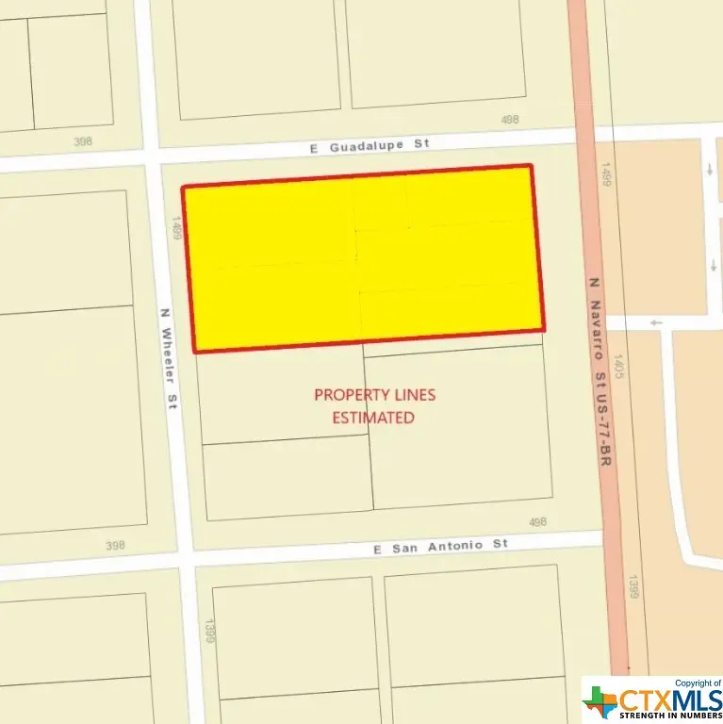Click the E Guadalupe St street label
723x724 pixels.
[x=369, y=144]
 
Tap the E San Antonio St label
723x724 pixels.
[x=440, y=546]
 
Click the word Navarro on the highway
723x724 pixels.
[x=597, y=327]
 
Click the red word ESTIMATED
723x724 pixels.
[x=373, y=417]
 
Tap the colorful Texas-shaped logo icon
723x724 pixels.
[x=600, y=700]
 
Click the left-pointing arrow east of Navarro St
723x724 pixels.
[x=656, y=322]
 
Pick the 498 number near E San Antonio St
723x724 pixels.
[x=537, y=521]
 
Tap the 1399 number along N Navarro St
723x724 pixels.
[x=634, y=587]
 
